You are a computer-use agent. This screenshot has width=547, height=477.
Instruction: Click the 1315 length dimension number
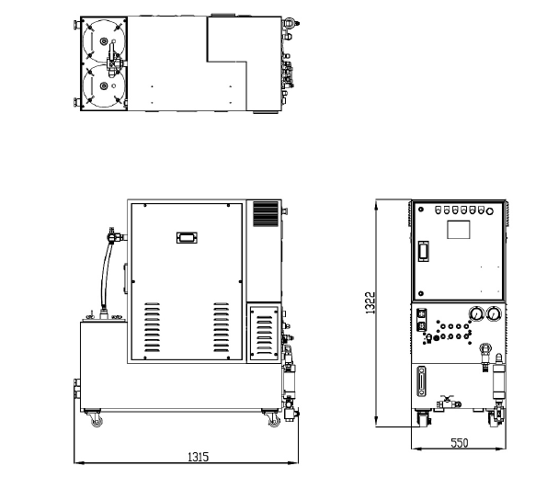(199, 457)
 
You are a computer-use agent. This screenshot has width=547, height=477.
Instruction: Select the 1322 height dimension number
(370, 302)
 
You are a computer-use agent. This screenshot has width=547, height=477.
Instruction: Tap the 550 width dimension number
(459, 443)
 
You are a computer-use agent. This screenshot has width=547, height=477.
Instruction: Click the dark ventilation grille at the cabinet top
(266, 214)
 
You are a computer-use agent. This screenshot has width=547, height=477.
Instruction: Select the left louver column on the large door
(152, 327)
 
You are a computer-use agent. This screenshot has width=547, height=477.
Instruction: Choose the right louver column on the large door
(222, 327)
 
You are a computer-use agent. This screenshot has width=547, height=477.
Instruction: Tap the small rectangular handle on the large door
(187, 238)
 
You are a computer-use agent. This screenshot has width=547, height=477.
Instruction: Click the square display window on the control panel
(459, 230)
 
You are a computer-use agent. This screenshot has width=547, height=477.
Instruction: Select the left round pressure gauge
(476, 313)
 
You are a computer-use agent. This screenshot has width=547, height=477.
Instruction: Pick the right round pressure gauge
(494, 313)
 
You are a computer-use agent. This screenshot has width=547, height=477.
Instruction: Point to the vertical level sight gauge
(422, 381)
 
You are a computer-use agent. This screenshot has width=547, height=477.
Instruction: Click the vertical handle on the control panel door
(423, 251)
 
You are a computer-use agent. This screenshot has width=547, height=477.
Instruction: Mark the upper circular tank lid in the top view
(104, 41)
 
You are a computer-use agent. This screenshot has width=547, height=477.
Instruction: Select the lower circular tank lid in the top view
(104, 85)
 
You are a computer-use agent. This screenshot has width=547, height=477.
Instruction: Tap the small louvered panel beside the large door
(264, 333)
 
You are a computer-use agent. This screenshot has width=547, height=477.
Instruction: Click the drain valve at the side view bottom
(448, 403)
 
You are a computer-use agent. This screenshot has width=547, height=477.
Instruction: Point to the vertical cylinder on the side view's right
(498, 381)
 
